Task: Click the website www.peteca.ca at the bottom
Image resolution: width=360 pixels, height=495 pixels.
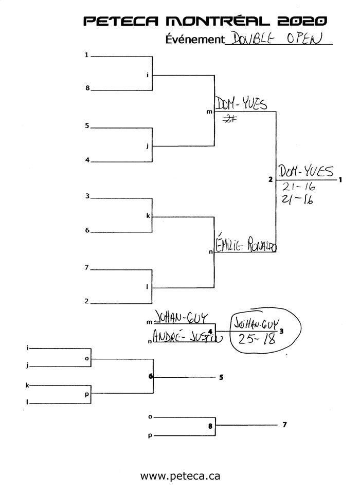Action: pos(180,476)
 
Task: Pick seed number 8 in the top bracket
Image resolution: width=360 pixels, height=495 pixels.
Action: pos(87,88)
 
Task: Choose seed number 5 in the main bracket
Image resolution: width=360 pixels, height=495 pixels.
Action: pos(87,125)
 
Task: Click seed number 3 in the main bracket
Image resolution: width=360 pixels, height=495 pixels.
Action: pos(87,195)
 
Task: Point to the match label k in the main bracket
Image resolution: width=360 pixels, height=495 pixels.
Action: pos(148,216)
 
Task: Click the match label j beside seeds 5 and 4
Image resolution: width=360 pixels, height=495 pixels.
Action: pos(148,145)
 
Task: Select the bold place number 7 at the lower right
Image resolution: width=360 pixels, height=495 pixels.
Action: pos(284,425)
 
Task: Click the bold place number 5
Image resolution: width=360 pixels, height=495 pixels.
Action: pos(221,377)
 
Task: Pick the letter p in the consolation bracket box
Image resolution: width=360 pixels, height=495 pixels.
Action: pos(86,395)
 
